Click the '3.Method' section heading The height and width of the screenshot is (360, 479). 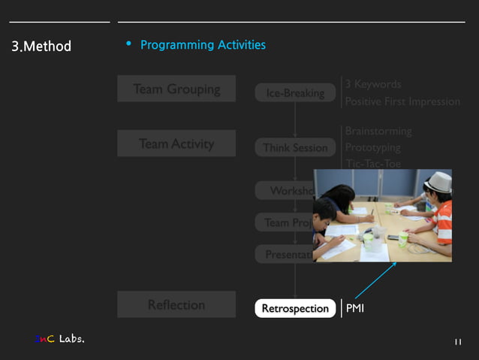41,47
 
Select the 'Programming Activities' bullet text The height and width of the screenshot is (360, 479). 203,45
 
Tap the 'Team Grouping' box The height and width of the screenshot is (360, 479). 176,89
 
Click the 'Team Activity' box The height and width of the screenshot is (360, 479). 176,144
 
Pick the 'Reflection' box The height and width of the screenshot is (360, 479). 176,304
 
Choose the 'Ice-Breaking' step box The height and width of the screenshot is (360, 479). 295,93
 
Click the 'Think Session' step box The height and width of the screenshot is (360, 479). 295,148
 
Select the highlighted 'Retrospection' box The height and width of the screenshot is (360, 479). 295,308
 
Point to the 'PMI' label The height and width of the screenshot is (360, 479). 355,308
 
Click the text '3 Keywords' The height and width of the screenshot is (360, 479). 372,84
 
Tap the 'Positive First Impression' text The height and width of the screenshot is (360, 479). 402,101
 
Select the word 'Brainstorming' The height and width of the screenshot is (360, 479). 378,132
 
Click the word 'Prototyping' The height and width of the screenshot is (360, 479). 372,148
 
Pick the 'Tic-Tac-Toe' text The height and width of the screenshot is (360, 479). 373,163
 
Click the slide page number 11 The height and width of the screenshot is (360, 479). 457,343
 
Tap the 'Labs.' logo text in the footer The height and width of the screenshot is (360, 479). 71,339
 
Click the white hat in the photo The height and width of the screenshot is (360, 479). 437,181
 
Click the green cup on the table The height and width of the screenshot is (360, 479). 403,239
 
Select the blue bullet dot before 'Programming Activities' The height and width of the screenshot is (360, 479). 129,44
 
